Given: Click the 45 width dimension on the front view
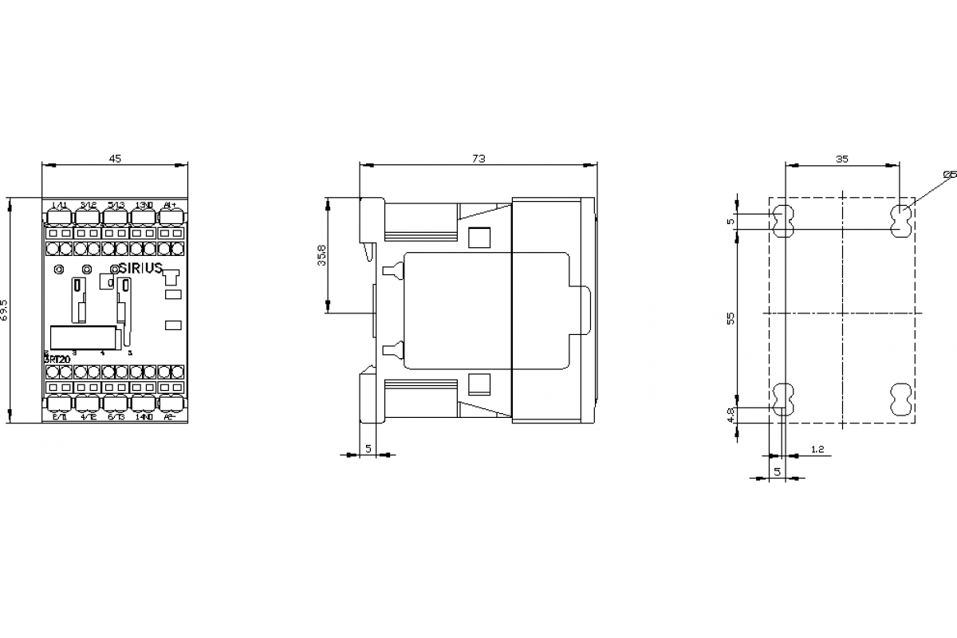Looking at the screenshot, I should [115, 159].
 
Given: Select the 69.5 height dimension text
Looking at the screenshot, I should [6, 310].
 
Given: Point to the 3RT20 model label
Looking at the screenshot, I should [57, 359].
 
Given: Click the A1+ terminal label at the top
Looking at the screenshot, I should [169, 206].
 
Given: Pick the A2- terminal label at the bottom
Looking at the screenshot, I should [169, 416].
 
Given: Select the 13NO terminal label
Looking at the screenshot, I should [143, 206].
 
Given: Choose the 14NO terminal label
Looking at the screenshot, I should [143, 416].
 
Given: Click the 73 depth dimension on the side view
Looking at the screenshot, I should [478, 159].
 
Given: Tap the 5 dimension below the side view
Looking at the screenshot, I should [368, 449].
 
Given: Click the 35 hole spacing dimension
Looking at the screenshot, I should [841, 159].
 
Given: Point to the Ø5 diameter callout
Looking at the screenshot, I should [948, 174].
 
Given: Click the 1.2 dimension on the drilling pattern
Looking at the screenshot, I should [817, 449].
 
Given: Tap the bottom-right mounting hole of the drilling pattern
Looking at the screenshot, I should [900, 396].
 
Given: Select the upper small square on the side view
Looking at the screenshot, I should [478, 238].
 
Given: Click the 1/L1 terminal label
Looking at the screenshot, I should [58, 206].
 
